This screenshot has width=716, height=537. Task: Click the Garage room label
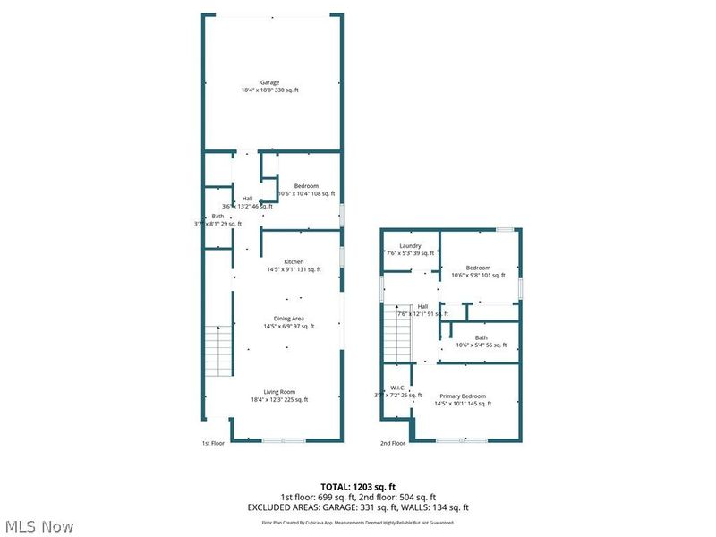tap(269, 82)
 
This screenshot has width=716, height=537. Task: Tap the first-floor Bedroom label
tap(306, 186)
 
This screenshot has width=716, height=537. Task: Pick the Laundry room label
tap(410, 246)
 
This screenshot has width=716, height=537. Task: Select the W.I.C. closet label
tap(396, 388)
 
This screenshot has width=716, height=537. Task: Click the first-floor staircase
tap(219, 351)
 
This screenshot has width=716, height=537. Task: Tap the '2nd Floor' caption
tap(393, 443)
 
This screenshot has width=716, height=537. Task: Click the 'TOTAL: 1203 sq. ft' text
tap(358, 487)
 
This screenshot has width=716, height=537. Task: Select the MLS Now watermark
tap(39, 526)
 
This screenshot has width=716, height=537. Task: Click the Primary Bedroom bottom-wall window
tap(462, 440)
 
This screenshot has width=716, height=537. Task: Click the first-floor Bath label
tap(217, 217)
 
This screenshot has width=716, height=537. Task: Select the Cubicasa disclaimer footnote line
tap(358, 522)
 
